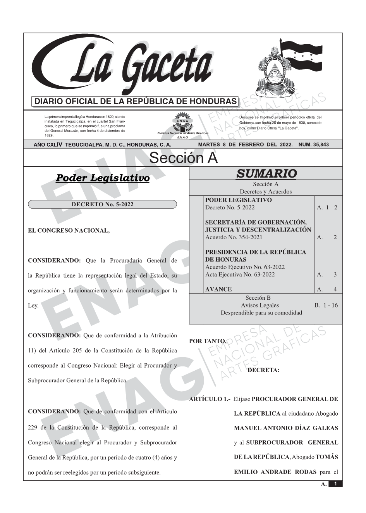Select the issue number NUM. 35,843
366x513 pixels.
[314, 145]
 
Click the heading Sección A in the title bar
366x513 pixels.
[183, 158]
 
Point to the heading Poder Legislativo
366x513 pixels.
[103, 178]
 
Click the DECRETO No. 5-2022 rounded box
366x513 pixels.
[102, 204]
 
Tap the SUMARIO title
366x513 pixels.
[266, 174]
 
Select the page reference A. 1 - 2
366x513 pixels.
[327, 207]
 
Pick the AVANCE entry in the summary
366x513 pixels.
[218, 289]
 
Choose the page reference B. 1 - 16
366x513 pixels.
[326, 305]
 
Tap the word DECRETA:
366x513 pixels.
[263, 370]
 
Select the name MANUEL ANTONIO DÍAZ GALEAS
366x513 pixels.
[286, 428]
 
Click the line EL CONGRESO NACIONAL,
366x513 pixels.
[69, 231]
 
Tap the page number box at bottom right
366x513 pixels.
[335, 484]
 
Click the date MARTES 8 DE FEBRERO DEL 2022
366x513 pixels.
[245, 145]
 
